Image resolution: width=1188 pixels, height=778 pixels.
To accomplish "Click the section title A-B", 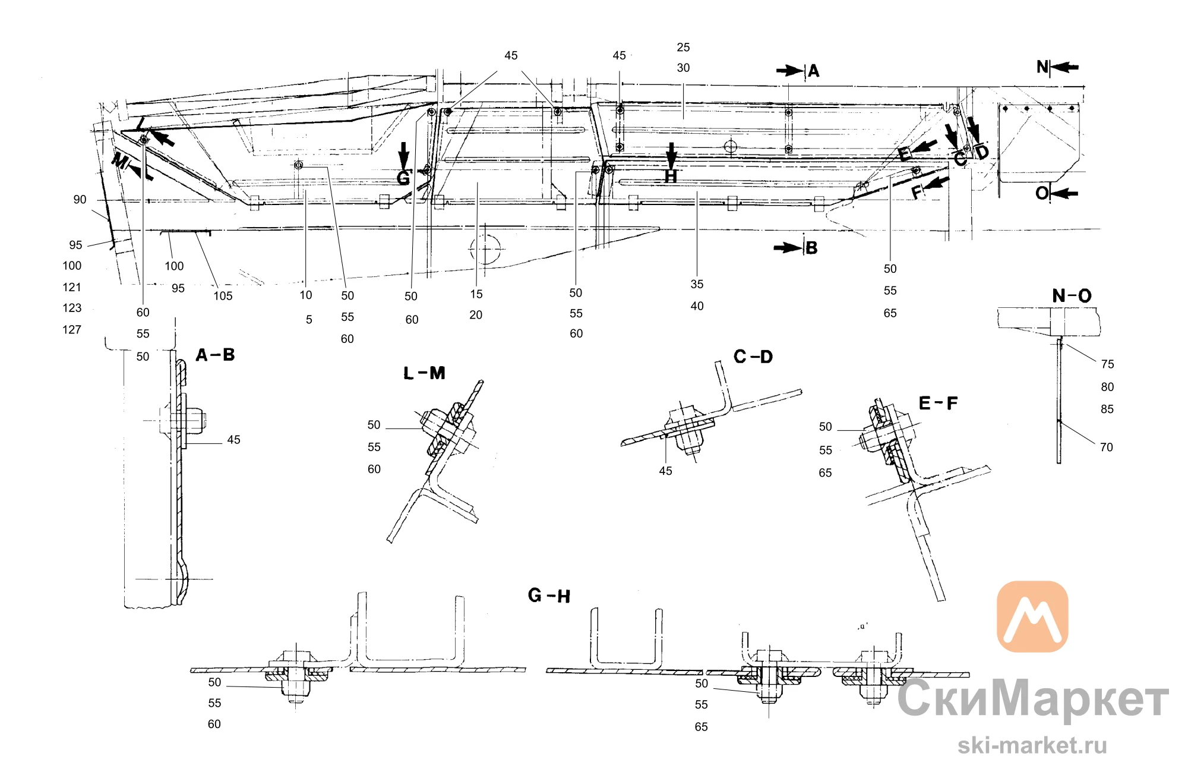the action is tap(215, 355).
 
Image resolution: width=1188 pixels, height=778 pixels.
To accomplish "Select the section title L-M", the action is tap(424, 373).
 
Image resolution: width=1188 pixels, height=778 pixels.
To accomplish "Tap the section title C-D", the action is tap(753, 357).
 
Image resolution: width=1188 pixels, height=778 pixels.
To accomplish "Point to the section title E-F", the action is tap(938, 403).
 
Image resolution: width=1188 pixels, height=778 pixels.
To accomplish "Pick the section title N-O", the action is tap(1072, 295).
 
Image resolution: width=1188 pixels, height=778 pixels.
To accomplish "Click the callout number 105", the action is tap(223, 296).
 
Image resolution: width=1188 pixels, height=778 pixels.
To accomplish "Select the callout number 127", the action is tap(72, 329).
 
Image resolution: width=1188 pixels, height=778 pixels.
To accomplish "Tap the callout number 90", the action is tap(80, 200).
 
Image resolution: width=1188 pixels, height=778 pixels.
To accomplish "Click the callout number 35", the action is tap(697, 284).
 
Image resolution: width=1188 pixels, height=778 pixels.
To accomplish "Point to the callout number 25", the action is tap(683, 47).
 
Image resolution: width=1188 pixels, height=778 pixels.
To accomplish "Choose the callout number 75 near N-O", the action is tap(1107, 364).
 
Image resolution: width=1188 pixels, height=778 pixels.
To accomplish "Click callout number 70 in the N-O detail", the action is tap(1106, 447).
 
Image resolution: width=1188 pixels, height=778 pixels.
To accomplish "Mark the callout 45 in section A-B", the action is tap(233, 440).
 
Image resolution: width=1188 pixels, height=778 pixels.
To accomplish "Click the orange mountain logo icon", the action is tap(1032, 616).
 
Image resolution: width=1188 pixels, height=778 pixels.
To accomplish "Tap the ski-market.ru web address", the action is tap(1032, 745).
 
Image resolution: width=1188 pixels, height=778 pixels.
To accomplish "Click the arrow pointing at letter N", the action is tap(1064, 67).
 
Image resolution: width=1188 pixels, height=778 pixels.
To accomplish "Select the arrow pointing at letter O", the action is tap(1064, 193).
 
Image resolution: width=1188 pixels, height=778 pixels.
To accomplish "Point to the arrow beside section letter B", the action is tap(788, 247).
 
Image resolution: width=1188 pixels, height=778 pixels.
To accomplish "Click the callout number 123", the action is tap(72, 308).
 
